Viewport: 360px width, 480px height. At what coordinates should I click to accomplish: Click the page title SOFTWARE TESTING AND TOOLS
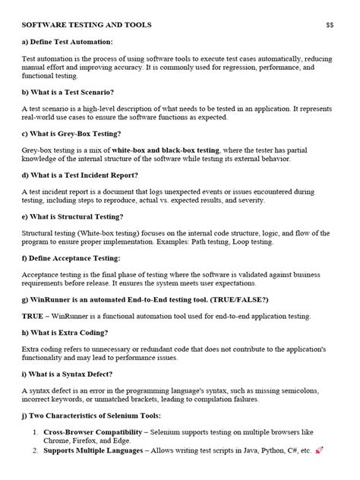tap(87, 25)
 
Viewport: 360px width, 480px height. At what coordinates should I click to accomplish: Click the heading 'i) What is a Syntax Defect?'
tap(70, 374)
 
